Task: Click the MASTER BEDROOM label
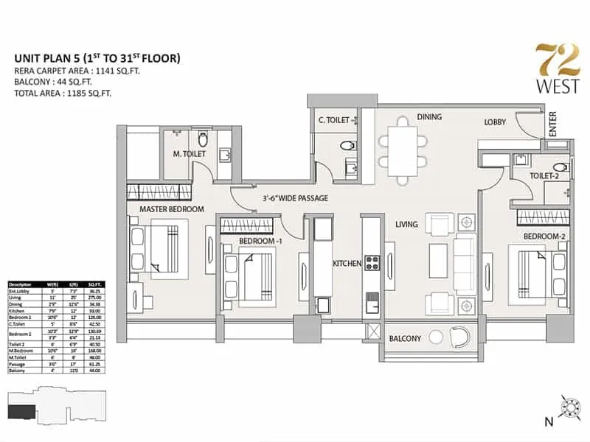coord(172,209)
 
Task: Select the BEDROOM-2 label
coord(544,236)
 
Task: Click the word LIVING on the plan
coord(406,224)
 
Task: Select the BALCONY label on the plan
coord(406,338)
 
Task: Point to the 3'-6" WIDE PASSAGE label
coord(295,198)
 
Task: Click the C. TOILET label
coord(333,119)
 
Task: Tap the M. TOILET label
coord(190,154)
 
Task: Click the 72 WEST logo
coord(546,69)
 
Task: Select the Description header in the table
coord(21,284)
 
